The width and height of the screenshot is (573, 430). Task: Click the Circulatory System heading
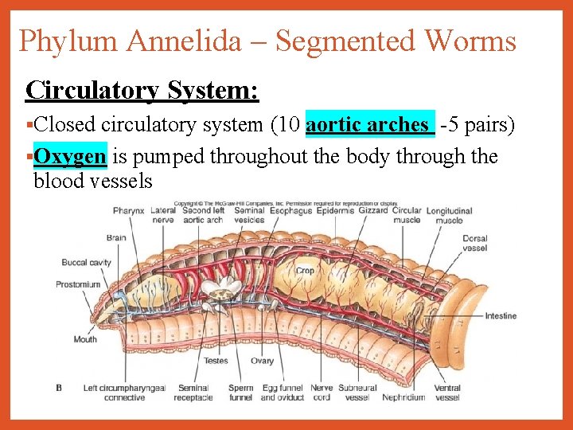pyautogui.click(x=142, y=90)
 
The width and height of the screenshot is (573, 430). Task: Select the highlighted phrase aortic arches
pyautogui.click(x=370, y=125)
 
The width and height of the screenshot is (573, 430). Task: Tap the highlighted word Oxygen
pyautogui.click(x=70, y=156)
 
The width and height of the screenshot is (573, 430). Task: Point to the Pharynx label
pyautogui.click(x=128, y=211)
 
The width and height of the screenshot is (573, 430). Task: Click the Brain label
pyautogui.click(x=116, y=237)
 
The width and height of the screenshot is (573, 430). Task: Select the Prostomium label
pyautogui.click(x=78, y=284)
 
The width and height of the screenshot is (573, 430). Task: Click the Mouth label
pyautogui.click(x=85, y=339)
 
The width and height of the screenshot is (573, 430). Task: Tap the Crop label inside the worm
pyautogui.click(x=305, y=271)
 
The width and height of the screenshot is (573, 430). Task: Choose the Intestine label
pyautogui.click(x=501, y=316)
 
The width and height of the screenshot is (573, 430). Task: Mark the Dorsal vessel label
pyautogui.click(x=475, y=243)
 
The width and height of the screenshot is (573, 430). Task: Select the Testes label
pyautogui.click(x=216, y=361)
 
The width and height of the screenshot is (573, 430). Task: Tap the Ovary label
pyautogui.click(x=262, y=361)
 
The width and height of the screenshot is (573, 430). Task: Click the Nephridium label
pyautogui.click(x=403, y=397)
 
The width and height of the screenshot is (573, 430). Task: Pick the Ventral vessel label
pyautogui.click(x=447, y=393)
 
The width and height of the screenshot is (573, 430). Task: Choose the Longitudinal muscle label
pyautogui.click(x=449, y=216)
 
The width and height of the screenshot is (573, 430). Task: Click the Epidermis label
pyautogui.click(x=334, y=211)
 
